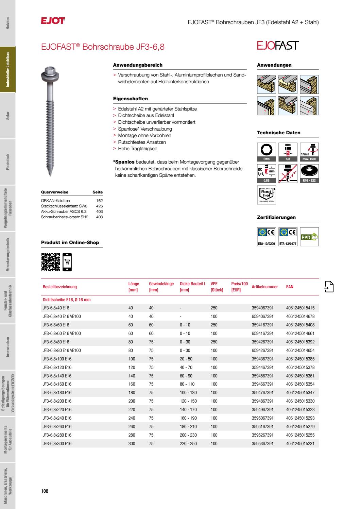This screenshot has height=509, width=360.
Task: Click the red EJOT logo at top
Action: click(x=53, y=21)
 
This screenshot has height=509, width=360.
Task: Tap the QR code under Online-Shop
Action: click(x=50, y=262)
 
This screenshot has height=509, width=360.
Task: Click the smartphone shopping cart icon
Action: click(x=67, y=262)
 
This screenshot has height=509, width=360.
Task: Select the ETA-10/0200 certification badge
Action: click(x=267, y=236)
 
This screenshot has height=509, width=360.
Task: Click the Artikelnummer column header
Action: click(x=264, y=287)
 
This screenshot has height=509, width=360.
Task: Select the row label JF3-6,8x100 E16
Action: click(x=57, y=359)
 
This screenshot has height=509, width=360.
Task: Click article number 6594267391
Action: click(x=262, y=350)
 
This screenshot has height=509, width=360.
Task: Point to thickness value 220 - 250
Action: click(x=188, y=444)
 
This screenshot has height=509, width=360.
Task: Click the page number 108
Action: click(x=45, y=491)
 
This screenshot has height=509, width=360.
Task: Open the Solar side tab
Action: click(x=7, y=116)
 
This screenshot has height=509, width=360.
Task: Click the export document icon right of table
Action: click(x=329, y=287)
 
